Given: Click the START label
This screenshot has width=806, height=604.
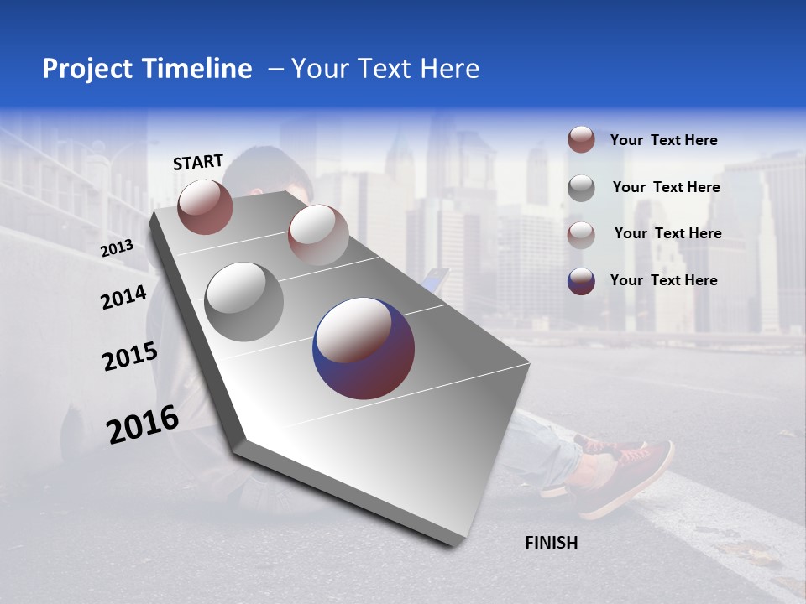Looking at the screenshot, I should click(x=198, y=162).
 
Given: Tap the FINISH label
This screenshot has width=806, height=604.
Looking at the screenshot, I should click(x=551, y=543).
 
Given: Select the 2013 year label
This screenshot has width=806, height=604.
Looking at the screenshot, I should click(x=117, y=248).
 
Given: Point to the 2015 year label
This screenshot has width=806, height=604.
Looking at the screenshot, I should click(x=130, y=357).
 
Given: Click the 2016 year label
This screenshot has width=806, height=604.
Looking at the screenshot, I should click(x=143, y=424).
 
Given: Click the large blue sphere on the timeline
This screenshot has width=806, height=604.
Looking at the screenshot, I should click(x=364, y=348).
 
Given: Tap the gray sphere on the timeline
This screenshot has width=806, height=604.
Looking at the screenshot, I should click(x=244, y=302).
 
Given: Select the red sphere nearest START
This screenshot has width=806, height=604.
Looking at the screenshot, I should click(x=205, y=206).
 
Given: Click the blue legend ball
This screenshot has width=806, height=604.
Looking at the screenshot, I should click(x=581, y=281).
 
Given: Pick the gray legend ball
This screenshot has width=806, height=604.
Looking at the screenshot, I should click(x=581, y=188).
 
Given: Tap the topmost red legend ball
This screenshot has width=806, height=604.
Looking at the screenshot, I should click(x=581, y=140).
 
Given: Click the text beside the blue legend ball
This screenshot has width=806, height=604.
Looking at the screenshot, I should click(x=663, y=280).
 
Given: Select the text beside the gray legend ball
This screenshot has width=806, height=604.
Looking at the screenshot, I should click(x=666, y=187).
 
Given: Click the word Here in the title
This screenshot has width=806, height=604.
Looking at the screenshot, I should click(x=448, y=69).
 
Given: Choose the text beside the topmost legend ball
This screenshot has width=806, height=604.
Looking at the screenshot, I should click(x=663, y=140).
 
